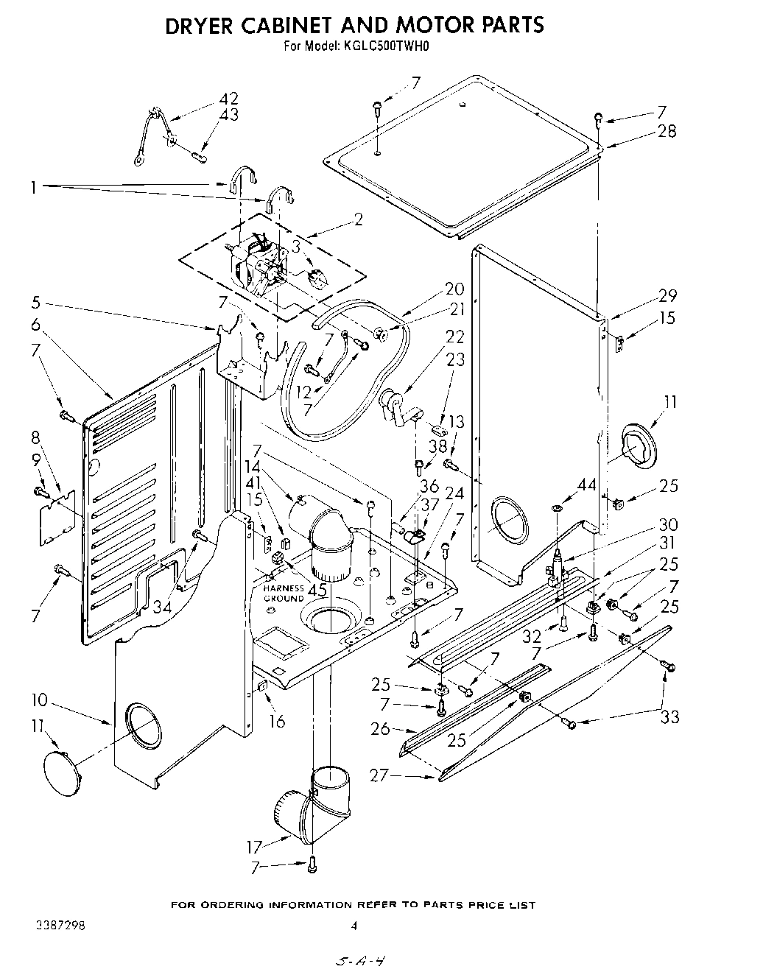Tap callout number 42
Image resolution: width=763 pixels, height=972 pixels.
point(229,99)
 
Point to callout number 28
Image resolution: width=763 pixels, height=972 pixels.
point(667,132)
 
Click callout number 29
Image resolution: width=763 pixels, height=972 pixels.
point(667,296)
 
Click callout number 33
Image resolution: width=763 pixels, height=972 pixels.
point(669,716)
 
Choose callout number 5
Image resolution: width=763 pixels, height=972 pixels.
point(35,301)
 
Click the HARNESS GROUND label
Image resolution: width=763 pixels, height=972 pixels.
point(284,594)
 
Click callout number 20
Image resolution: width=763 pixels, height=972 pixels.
point(454,289)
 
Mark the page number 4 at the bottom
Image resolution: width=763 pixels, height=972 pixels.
point(354,926)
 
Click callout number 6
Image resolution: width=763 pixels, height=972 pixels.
point(35,324)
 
